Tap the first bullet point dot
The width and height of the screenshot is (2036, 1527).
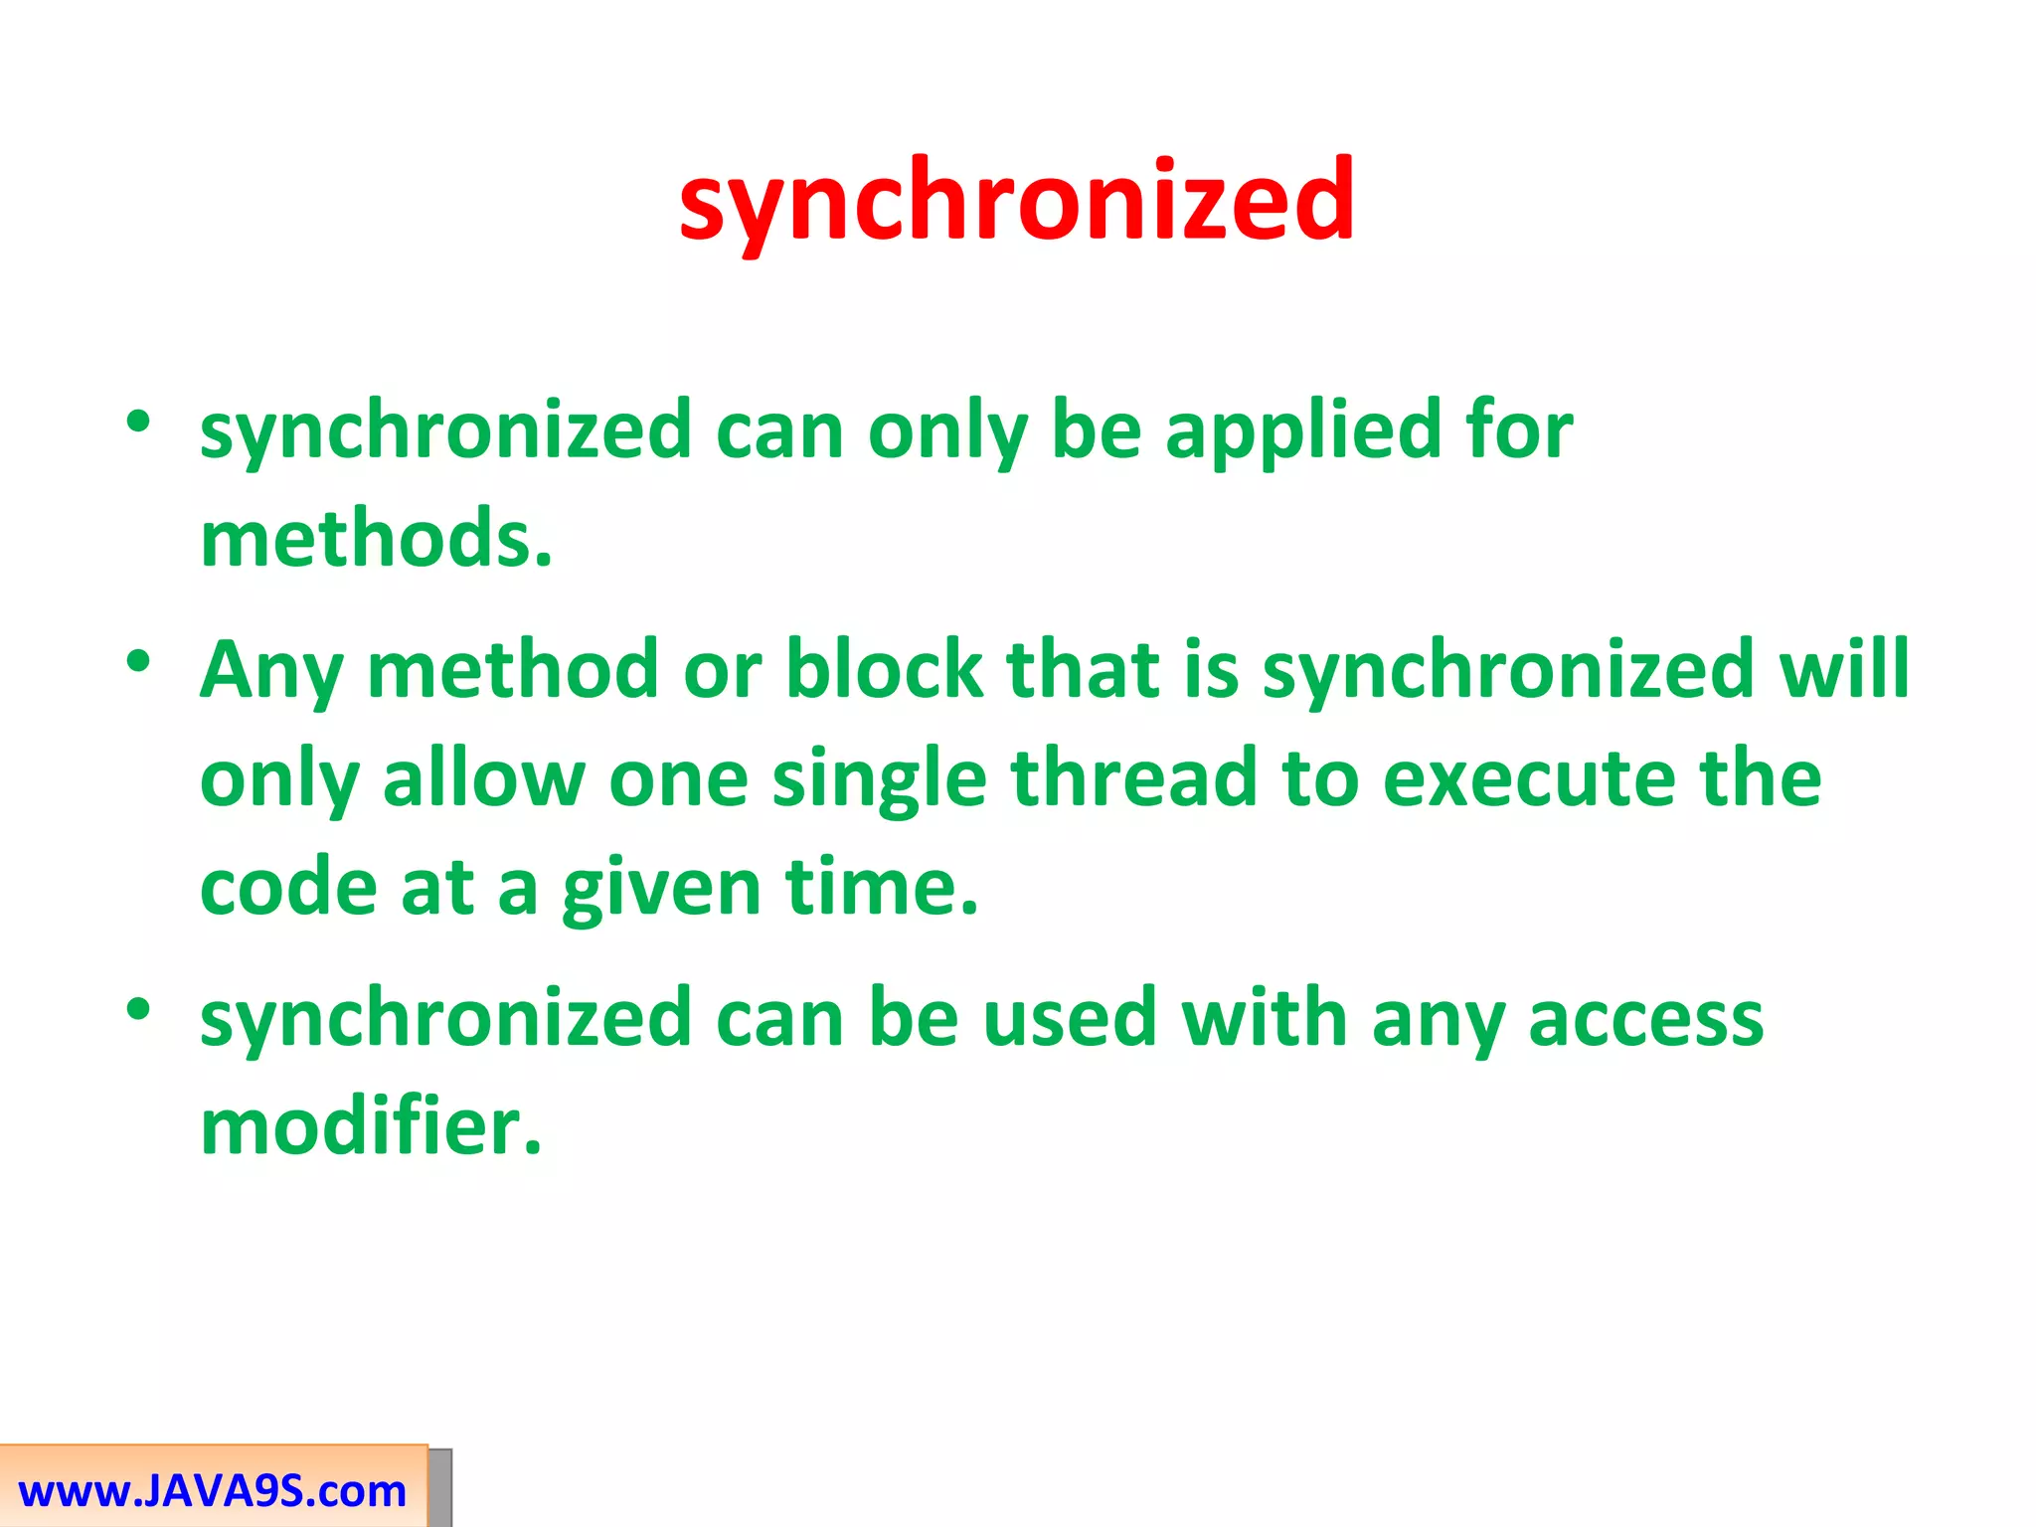coord(138,421)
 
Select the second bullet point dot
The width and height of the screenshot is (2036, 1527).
coord(138,660)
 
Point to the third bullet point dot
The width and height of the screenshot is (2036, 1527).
coord(138,1008)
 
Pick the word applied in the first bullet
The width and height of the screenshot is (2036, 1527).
coord(1302,429)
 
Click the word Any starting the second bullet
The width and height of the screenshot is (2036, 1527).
coord(271,670)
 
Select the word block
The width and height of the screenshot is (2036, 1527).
coord(884,668)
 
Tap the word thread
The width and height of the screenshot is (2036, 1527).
coord(1133,777)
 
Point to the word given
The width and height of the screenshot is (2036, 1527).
coord(662,889)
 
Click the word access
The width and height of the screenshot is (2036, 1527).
coord(1645,1020)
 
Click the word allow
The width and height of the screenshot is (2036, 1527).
coord(483,777)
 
